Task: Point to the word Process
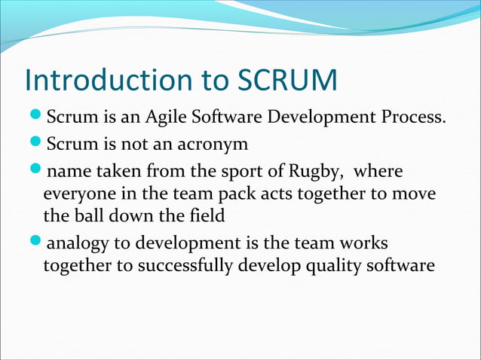coord(409,118)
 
